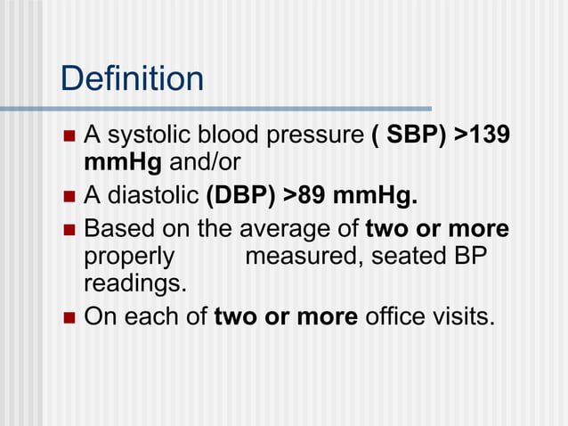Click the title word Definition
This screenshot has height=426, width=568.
132,79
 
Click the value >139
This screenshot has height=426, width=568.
482,136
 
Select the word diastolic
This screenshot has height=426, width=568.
153,194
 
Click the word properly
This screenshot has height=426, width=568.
129,257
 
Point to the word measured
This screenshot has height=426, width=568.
303,257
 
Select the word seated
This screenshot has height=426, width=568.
409,257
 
